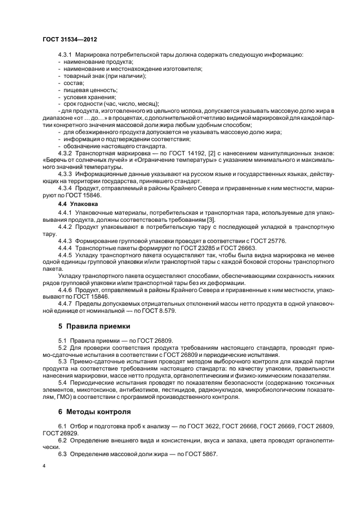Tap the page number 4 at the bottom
click(44, 467)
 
